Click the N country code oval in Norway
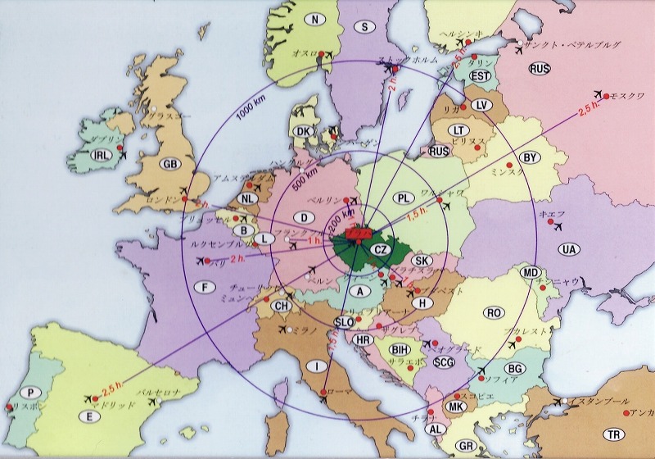click(x=313, y=19)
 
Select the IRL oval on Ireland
click(x=102, y=155)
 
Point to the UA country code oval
click(x=568, y=248)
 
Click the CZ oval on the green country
click(x=380, y=249)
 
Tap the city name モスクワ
click(x=629, y=95)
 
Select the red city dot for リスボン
click(x=9, y=407)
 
